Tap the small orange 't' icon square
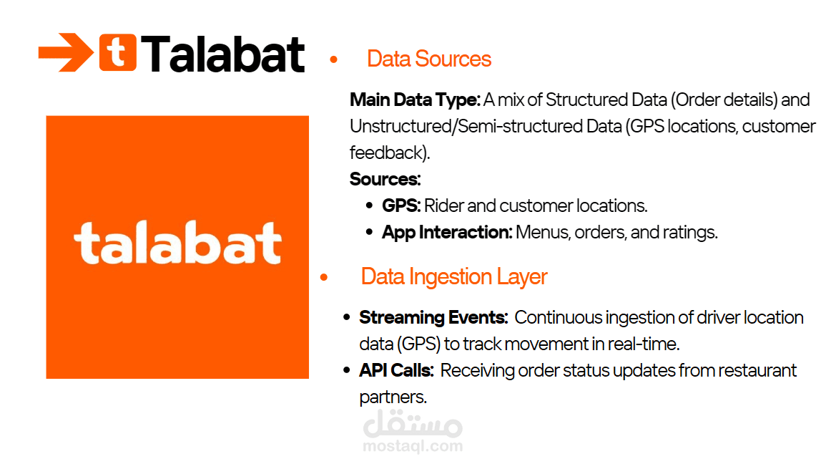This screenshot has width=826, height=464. (118, 52)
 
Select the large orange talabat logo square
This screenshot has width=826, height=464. (177, 247)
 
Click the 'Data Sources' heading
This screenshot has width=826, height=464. (429, 59)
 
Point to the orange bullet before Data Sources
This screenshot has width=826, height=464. (333, 59)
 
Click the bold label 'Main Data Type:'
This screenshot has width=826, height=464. (415, 100)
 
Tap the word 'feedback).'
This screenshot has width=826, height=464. (390, 153)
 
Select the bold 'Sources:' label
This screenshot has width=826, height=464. (385, 179)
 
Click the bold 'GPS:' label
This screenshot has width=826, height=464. (401, 206)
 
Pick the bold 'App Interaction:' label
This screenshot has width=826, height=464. (447, 233)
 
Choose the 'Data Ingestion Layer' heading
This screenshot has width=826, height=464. (454, 277)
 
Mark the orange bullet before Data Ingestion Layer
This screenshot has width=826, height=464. (324, 277)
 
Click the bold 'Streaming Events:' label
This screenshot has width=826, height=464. (433, 317)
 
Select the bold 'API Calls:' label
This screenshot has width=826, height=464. (396, 370)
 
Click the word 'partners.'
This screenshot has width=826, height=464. (393, 397)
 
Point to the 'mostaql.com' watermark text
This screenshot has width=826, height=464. (413, 447)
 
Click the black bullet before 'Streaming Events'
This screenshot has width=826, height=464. (347, 317)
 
